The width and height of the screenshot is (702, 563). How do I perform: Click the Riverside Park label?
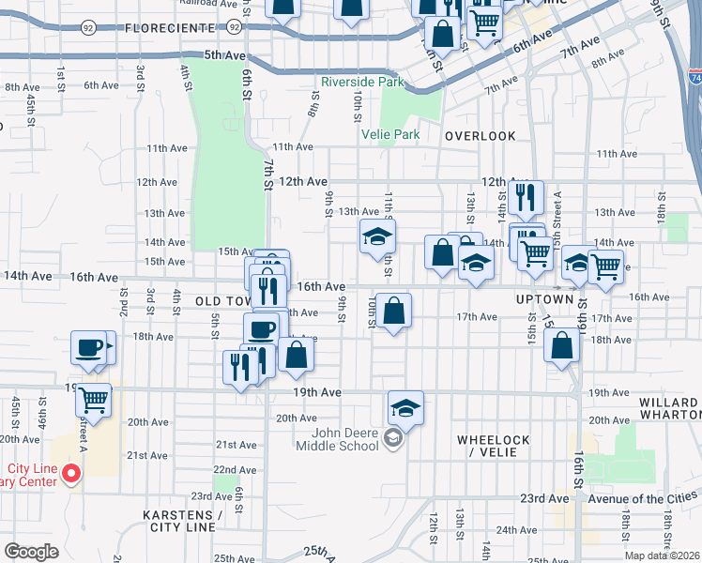pyautogui.click(x=362, y=83)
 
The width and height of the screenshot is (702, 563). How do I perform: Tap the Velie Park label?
pyautogui.click(x=390, y=134)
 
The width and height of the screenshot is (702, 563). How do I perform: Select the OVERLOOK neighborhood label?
pyautogui.click(x=480, y=136)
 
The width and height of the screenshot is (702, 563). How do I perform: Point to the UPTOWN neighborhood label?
pyautogui.click(x=544, y=298)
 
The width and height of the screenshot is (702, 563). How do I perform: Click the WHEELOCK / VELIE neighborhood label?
pyautogui.click(x=493, y=447)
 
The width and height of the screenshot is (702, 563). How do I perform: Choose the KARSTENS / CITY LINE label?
pyautogui.click(x=182, y=523)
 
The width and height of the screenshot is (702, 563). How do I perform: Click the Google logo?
pyautogui.click(x=31, y=552)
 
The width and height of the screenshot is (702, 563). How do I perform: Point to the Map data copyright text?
pyautogui.click(x=661, y=555)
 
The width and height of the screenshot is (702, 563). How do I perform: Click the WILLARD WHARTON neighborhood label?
pyautogui.click(x=670, y=407)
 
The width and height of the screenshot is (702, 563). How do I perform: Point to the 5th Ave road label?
pyautogui.click(x=223, y=55)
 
